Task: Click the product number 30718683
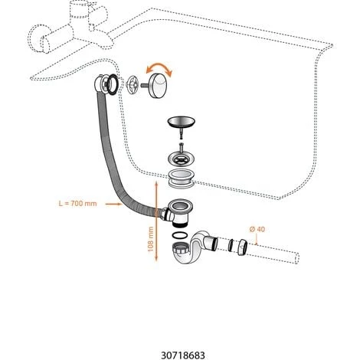click(183, 355)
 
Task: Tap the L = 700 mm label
click(77, 204)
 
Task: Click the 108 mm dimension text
click(151, 239)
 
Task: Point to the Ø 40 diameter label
click(257, 229)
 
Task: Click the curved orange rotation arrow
click(159, 67)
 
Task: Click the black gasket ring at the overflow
click(113, 84)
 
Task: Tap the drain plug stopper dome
click(181, 122)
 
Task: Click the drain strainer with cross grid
click(182, 159)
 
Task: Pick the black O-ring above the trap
click(180, 235)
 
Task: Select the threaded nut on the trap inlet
click(181, 248)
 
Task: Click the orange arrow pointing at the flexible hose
click(113, 204)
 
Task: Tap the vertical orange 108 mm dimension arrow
click(156, 221)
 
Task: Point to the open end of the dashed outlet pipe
click(297, 258)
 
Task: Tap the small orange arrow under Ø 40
click(257, 240)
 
